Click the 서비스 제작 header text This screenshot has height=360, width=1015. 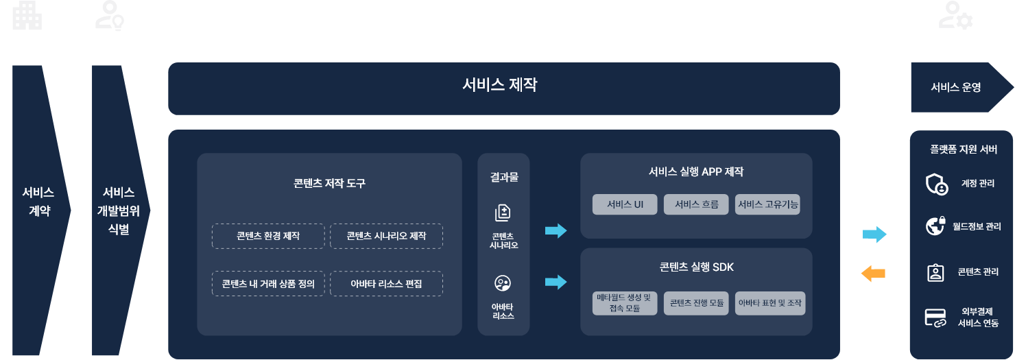tap(499, 85)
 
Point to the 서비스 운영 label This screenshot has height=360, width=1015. tap(955, 87)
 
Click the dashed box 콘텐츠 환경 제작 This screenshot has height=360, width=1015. tap(268, 236)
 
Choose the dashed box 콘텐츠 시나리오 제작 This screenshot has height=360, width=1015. tap(386, 236)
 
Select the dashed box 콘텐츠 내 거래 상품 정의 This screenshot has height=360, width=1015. tap(268, 284)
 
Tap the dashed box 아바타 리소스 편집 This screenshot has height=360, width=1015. tap(386, 284)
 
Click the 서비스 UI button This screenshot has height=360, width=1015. tap(625, 204)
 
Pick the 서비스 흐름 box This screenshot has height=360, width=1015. tap(696, 204)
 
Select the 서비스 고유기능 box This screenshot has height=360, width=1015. tap(767, 204)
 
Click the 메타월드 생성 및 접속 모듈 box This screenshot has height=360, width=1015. tap(625, 303)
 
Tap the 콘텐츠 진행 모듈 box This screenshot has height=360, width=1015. tap(696, 303)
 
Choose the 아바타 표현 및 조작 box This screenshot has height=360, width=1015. tap(770, 303)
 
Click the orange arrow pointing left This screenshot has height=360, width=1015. tap(873, 274)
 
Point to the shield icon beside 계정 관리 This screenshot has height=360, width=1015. tap(936, 184)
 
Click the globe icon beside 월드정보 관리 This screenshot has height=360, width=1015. tap(936, 226)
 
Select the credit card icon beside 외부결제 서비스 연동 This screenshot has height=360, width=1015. tap(935, 317)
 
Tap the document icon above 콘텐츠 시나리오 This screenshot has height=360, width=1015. tap(503, 212)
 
